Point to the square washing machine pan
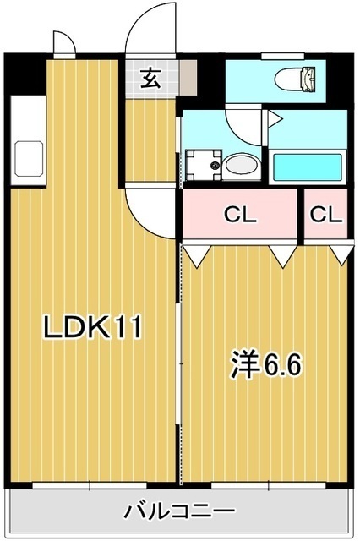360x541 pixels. (203, 164)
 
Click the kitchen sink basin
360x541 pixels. (28, 158)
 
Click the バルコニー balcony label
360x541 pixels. (180, 512)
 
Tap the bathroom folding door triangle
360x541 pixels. (274, 117)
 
